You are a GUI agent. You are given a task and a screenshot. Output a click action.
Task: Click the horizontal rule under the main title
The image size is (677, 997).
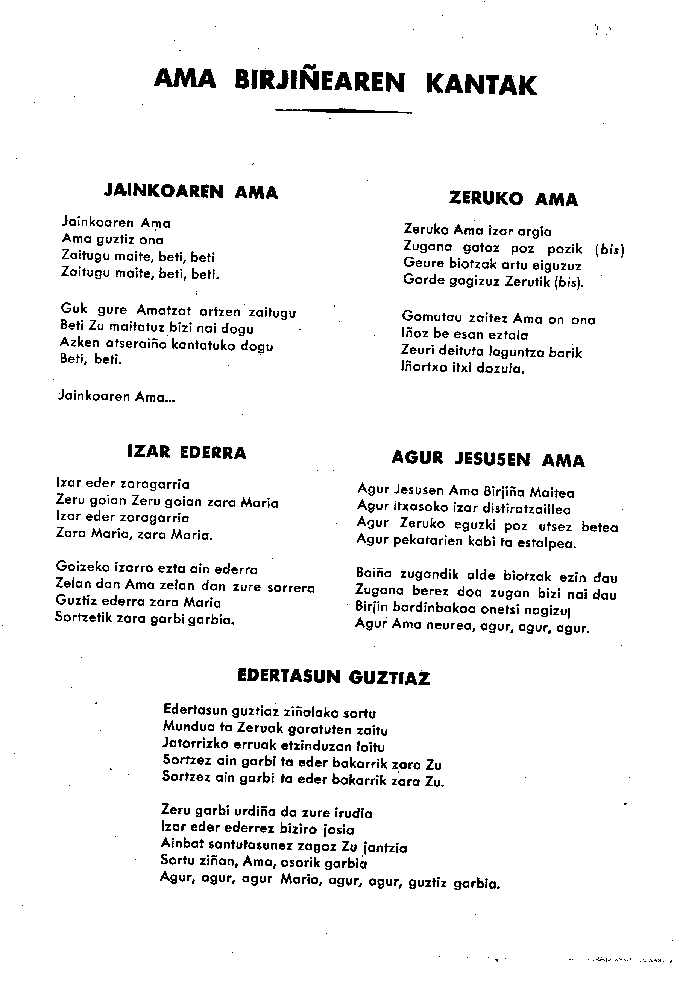[x=343, y=111]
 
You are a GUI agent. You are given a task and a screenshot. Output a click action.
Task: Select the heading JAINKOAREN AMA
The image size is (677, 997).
[x=191, y=191]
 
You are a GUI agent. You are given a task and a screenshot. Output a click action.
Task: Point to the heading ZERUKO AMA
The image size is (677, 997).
[x=513, y=198]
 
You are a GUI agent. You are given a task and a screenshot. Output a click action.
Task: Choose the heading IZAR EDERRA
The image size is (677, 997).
[x=187, y=453]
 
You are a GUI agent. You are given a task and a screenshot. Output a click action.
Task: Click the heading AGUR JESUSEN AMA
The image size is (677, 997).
[x=488, y=460]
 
